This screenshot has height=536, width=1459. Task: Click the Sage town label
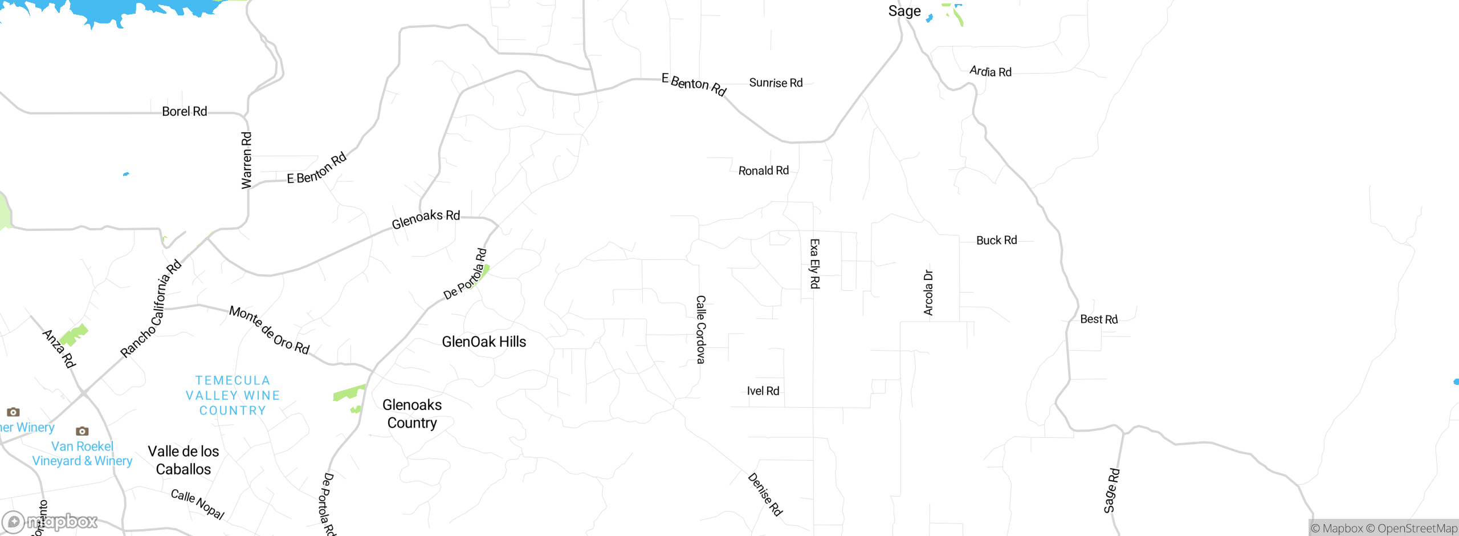tap(904, 11)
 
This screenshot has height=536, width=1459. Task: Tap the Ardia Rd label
tap(991, 72)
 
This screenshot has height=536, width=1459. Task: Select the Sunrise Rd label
tap(776, 83)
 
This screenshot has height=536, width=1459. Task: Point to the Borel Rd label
tap(184, 111)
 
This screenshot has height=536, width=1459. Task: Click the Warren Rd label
tap(246, 160)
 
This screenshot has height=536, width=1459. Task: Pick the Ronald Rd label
tap(763, 170)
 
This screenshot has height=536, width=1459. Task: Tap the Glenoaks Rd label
tap(426, 218)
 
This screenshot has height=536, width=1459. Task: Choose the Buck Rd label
tap(996, 240)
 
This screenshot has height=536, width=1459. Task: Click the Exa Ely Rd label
tap(814, 263)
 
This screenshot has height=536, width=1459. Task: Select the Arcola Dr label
tap(928, 293)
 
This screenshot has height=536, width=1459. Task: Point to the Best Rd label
tap(1099, 319)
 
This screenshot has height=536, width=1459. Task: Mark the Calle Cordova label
tap(701, 329)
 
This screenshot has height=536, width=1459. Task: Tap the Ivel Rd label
tap(763, 391)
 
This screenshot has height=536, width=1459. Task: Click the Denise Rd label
tap(765, 494)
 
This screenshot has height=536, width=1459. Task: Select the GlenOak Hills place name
tap(484, 342)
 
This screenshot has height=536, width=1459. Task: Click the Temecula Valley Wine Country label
tap(233, 395)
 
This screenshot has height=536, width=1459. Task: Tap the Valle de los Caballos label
tap(184, 460)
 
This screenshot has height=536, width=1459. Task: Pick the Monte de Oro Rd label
tap(269, 330)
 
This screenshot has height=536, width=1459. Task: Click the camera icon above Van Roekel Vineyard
tap(82, 431)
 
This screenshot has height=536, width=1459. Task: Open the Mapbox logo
tap(50, 521)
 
